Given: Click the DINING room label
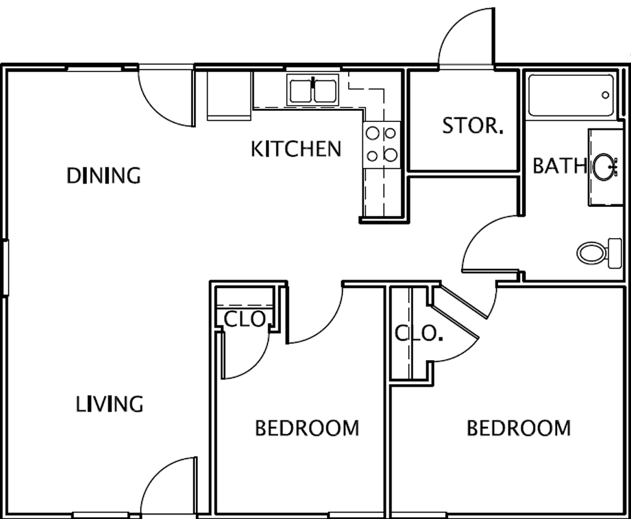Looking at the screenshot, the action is click(x=103, y=176).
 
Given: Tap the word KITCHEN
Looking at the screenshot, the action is click(x=296, y=149).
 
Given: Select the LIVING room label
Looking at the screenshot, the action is click(x=110, y=404).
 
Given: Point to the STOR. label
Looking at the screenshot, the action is click(x=473, y=125).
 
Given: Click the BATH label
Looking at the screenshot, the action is click(x=560, y=165).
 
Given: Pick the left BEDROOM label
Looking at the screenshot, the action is click(x=307, y=428).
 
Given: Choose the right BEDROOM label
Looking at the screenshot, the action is click(x=518, y=428).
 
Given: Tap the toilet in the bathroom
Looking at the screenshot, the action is click(x=599, y=253).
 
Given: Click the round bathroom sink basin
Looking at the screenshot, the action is click(x=603, y=167).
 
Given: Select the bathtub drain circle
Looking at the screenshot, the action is click(x=605, y=95).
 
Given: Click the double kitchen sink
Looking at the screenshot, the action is click(x=313, y=91).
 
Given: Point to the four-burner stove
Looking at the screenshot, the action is click(x=382, y=145).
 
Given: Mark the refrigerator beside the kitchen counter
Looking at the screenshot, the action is click(x=229, y=96).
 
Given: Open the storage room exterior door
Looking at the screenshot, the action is click(x=466, y=38).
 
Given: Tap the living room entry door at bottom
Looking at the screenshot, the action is click(x=168, y=487).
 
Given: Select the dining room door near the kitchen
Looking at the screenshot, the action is click(x=167, y=97).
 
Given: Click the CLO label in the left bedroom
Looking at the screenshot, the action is click(x=244, y=320).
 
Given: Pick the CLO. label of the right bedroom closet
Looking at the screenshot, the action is click(x=419, y=333).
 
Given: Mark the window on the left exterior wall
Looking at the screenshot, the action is click(x=5, y=268).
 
